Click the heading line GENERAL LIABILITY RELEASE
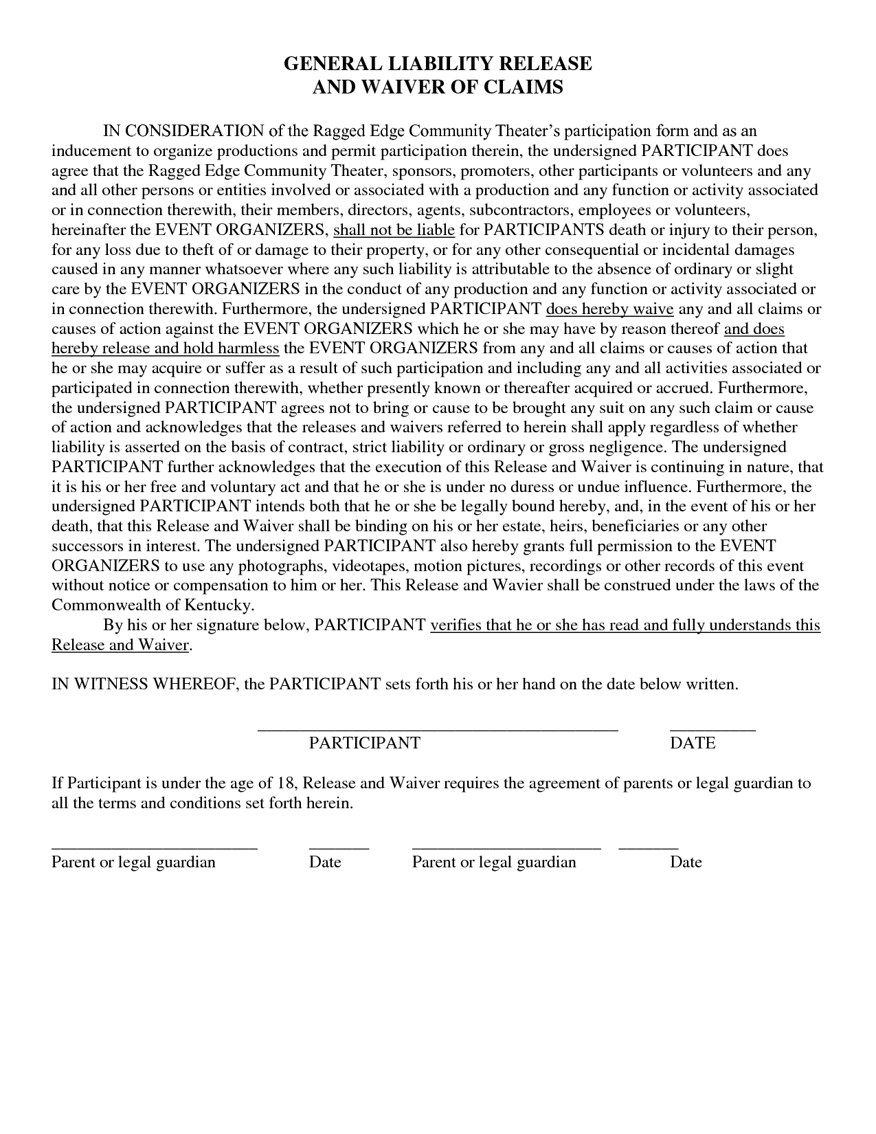[438, 64]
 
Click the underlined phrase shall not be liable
[394, 230]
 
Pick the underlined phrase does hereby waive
[609, 309]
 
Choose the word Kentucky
[218, 605]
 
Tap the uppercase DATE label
[692, 743]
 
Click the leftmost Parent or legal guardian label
[133, 862]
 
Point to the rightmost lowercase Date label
[685, 862]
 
